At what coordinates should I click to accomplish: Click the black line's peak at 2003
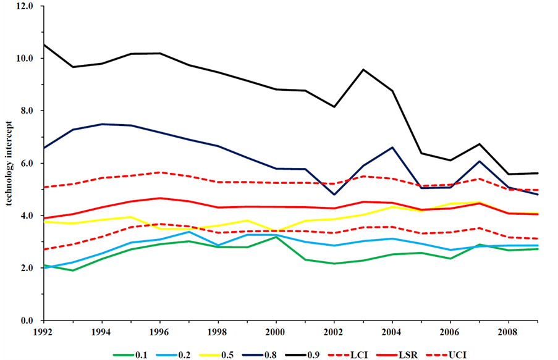point(363,70)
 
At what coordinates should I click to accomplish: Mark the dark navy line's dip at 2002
point(334,195)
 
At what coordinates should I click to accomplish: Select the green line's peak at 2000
point(276,237)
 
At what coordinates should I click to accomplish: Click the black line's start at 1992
point(44,44)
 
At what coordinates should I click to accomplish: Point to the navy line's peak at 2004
point(392,148)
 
